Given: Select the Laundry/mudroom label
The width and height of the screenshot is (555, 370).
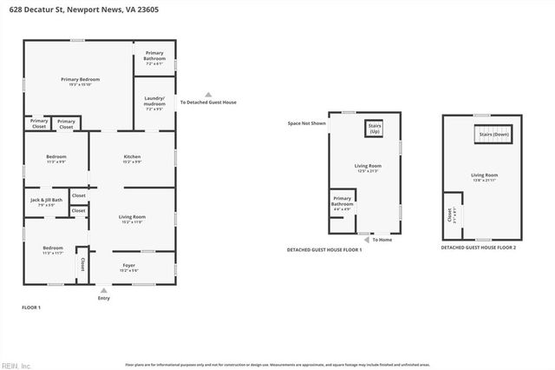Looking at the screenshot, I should tap(155, 101).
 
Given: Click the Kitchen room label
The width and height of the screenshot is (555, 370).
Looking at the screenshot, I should tap(132, 159).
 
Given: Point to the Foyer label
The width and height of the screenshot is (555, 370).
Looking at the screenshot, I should tap(129, 268).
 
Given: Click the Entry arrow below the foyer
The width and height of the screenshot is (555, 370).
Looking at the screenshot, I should tap(104, 291).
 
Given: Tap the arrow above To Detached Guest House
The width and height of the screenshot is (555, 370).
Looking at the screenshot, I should tap(207, 95).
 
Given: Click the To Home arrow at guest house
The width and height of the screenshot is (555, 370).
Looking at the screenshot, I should tap(366, 239).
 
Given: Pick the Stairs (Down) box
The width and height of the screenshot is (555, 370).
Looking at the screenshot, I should tap(492, 135).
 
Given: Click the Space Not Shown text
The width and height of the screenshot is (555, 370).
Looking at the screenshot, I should tap(307, 123).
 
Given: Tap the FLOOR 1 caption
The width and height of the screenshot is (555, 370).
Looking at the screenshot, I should tap(31, 307).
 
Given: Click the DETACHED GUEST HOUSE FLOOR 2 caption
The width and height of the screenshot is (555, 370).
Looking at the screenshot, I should tap(478, 248).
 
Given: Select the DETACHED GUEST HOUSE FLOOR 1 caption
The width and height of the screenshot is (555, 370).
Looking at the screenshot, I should tap(324, 249).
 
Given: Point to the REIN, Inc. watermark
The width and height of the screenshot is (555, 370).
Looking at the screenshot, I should tap(16, 365).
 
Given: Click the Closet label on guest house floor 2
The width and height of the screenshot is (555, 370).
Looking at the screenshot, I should tap(449, 215).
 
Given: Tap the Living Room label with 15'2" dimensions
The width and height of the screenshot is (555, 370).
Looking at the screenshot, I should tap(132, 219).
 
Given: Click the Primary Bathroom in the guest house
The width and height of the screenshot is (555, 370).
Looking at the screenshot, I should tap(342, 205).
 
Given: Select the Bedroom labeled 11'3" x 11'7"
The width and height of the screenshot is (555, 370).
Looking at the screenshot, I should tap(53, 250).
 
